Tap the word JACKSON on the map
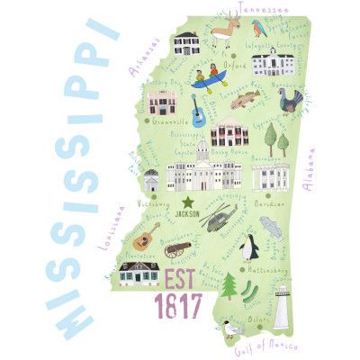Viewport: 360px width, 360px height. pos(188,214)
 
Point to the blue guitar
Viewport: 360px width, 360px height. pos(198,112)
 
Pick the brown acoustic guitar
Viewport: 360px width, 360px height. pos(145,237)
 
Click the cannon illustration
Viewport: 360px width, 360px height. pos(177,247)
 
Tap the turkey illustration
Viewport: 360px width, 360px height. pos(289,100)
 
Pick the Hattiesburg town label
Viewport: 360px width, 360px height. pos(273,268)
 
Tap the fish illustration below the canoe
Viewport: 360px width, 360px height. pos(243,99)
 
